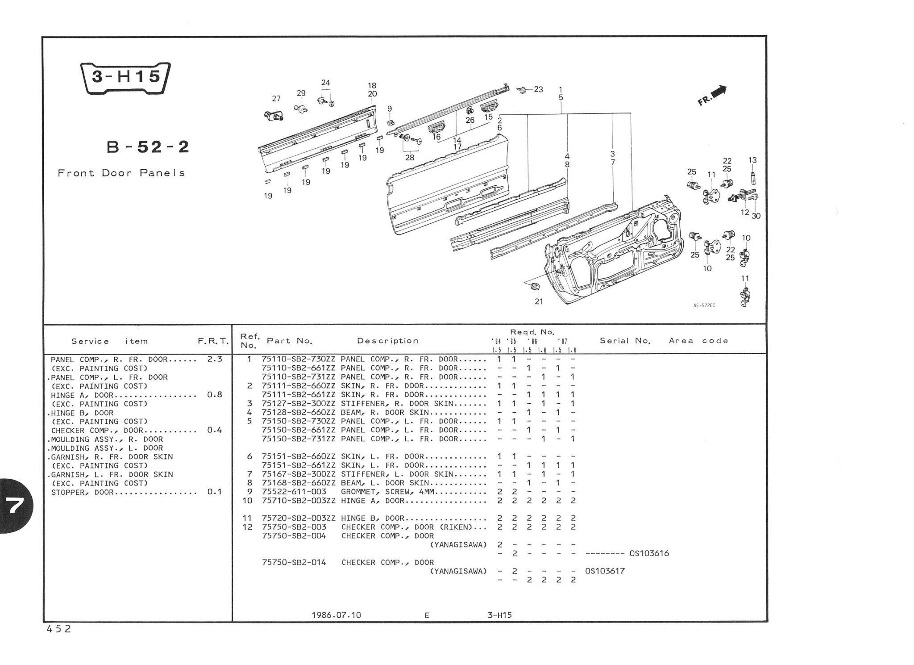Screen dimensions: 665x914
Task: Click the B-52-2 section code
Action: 148,147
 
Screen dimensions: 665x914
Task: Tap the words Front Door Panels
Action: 121,173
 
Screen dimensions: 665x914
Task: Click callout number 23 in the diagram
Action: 538,89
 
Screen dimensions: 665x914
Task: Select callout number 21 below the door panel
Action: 539,301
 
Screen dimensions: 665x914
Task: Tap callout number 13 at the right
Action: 752,160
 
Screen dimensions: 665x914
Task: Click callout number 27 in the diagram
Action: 276,99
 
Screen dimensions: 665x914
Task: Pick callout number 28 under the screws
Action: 409,157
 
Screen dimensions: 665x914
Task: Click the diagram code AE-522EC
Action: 704,305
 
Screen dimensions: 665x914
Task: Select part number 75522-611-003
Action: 294,492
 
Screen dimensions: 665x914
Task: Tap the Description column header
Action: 387,341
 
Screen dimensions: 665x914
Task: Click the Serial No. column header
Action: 625,341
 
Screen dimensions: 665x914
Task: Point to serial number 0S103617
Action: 605,571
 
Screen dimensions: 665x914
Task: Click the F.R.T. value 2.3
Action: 215,359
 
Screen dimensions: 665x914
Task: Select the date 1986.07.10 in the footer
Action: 336,615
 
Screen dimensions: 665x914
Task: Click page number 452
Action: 58,629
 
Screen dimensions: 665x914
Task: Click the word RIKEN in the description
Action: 457,527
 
